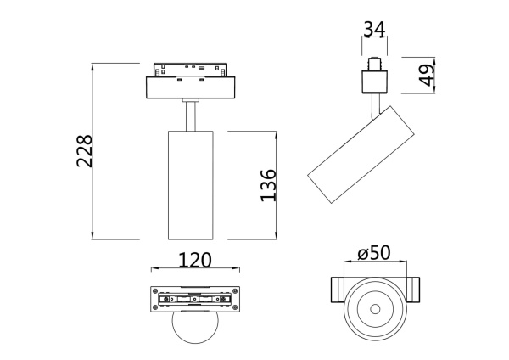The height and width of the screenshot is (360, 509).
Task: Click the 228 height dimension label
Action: (x=84, y=151)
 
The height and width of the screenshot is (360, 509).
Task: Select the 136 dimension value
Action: (x=267, y=185)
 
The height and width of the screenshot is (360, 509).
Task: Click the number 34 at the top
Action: (x=373, y=30)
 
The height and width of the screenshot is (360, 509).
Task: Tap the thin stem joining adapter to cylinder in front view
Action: (x=189, y=115)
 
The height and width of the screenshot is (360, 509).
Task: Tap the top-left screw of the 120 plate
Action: (x=155, y=291)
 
